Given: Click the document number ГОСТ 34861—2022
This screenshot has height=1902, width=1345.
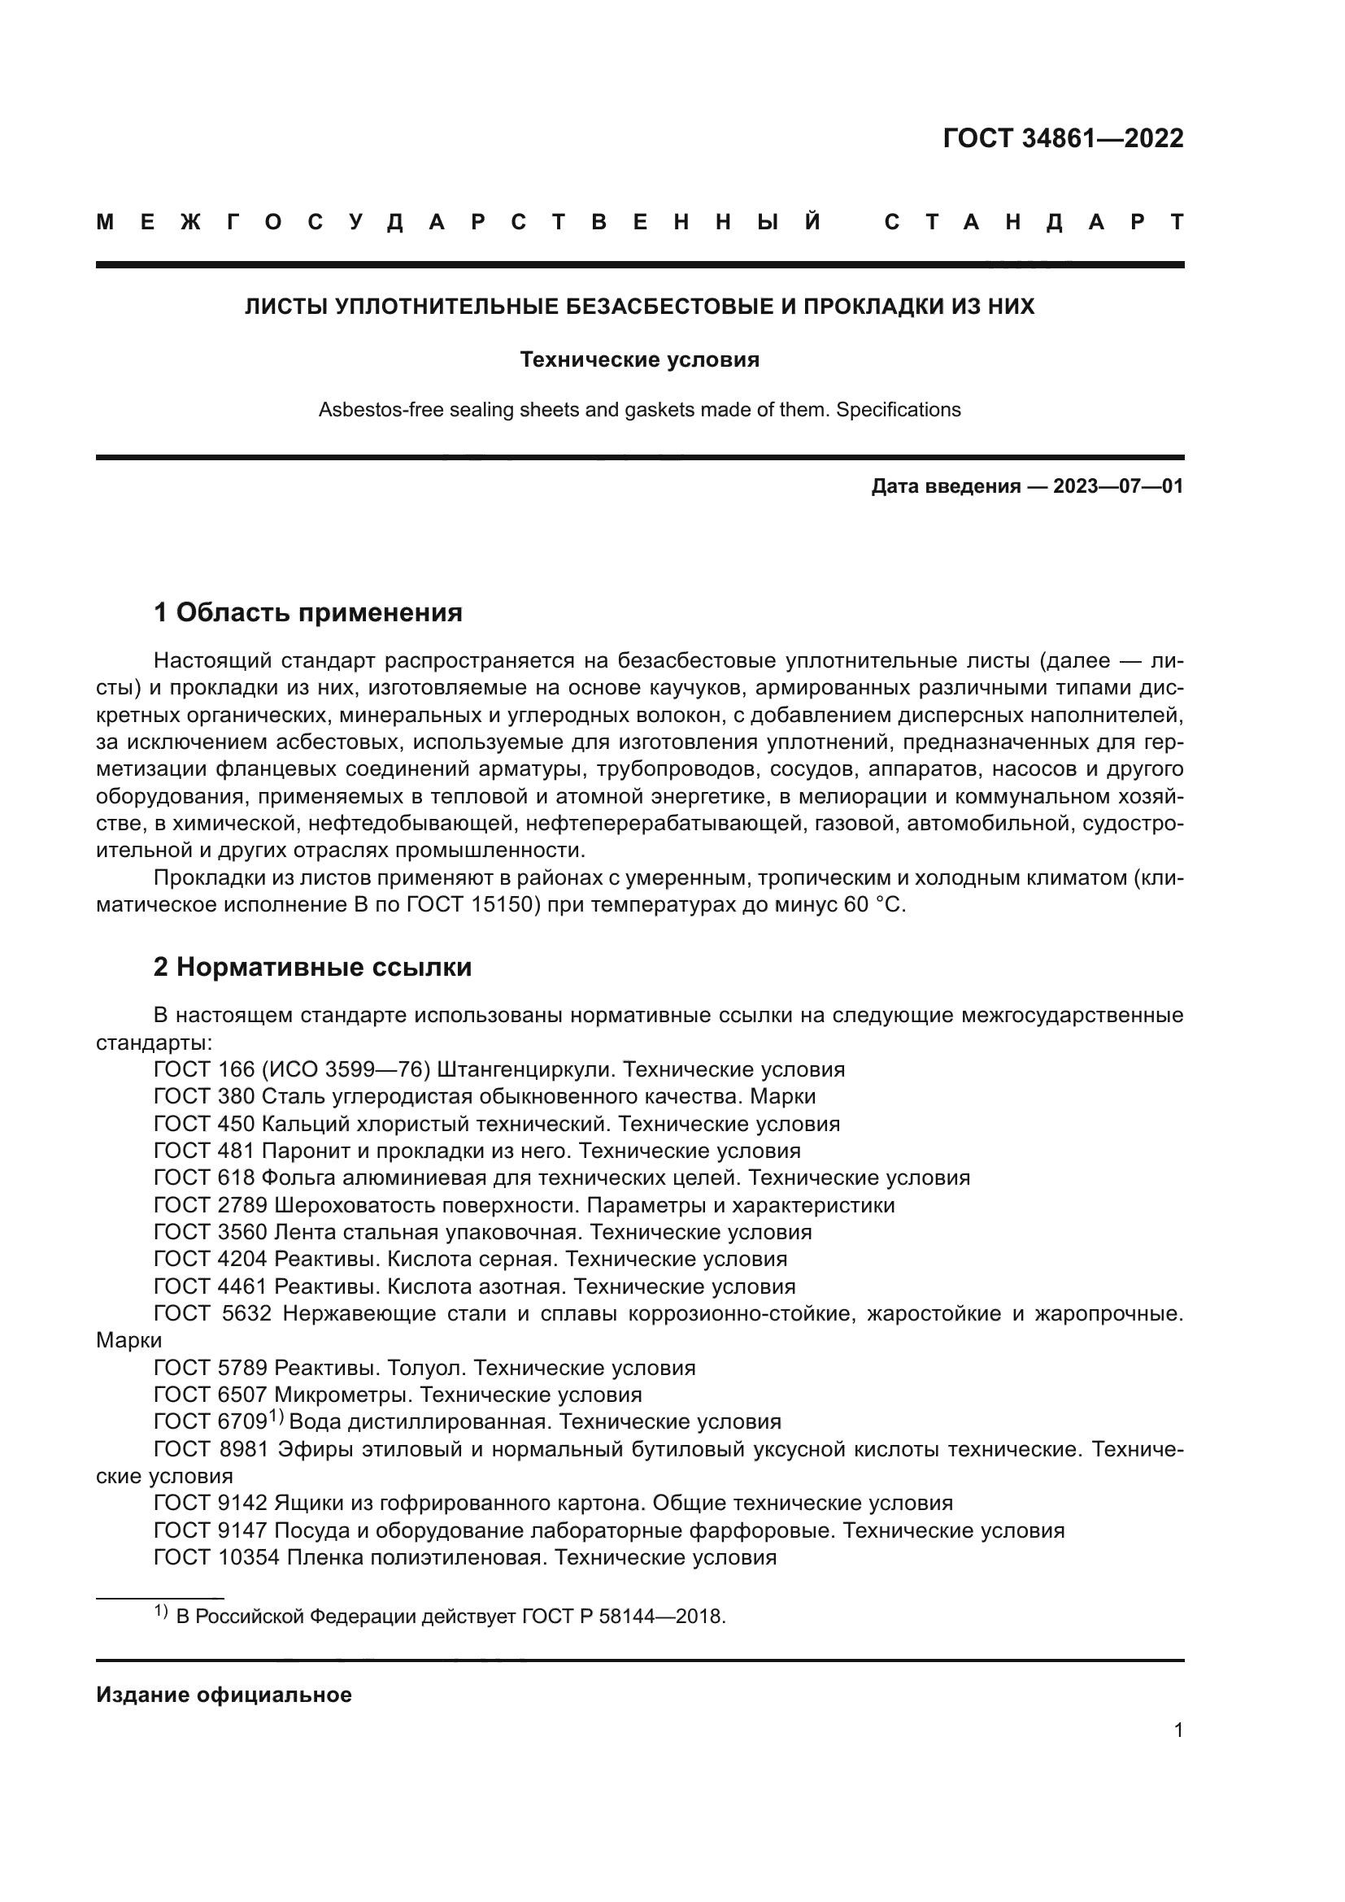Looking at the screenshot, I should pyautogui.click(x=1063, y=138).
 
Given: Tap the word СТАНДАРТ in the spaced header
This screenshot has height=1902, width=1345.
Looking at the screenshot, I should pyautogui.click(x=1034, y=223).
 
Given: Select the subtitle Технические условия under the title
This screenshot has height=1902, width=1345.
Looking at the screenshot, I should pyautogui.click(x=639, y=359).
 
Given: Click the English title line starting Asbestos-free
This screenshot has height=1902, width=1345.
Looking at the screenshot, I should pyautogui.click(x=639, y=409).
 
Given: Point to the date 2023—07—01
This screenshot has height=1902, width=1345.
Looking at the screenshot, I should pyautogui.click(x=1117, y=486).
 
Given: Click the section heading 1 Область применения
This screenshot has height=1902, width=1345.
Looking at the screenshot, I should pyautogui.click(x=307, y=613).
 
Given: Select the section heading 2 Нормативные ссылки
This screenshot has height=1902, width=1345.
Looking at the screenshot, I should pyautogui.click(x=312, y=967).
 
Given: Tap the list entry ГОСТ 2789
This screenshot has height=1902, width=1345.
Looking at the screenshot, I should pyautogui.click(x=211, y=1205).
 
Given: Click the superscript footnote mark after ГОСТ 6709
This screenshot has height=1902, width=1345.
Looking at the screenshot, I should pyautogui.click(x=276, y=1417).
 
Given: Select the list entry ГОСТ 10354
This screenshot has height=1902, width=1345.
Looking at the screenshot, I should pyautogui.click(x=217, y=1557).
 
